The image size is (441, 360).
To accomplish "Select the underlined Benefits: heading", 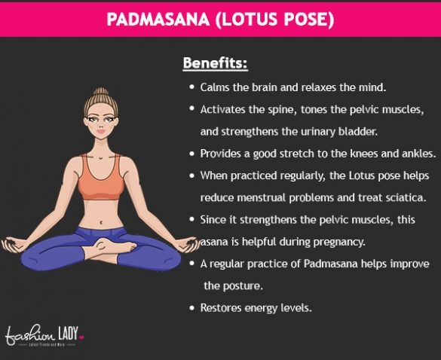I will click(x=215, y=63).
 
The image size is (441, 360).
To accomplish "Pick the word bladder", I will click(x=356, y=131).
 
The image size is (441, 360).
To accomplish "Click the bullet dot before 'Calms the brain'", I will click(x=192, y=87).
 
